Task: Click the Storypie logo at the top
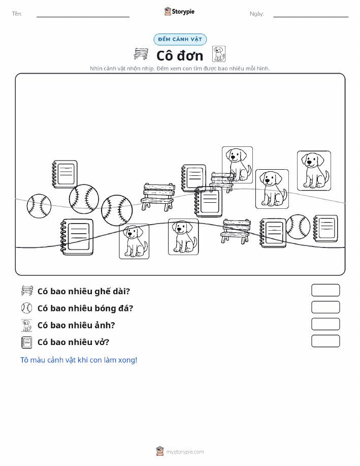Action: pos(179,12)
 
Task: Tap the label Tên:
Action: pos(17,14)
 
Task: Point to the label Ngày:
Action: pos(256,14)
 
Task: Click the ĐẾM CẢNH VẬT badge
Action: pos(180,39)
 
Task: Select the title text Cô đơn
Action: pos(180,55)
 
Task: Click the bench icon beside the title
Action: pos(141,54)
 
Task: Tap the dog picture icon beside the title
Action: pos(219,54)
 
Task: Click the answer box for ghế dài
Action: pos(325,290)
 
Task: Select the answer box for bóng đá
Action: pos(325,307)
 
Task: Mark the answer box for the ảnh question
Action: pos(325,324)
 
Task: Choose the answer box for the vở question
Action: pos(325,341)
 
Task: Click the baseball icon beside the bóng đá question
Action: pos(26,308)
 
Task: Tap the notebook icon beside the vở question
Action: pos(26,342)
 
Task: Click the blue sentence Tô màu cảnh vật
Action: pos(79,360)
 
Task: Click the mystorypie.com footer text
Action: pos(185,452)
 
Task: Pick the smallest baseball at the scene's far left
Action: pos(39,206)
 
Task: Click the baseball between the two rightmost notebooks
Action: pos(298,227)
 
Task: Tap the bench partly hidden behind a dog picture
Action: pos(221,182)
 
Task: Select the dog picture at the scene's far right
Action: pos(314,171)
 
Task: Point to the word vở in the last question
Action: pos(102,342)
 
